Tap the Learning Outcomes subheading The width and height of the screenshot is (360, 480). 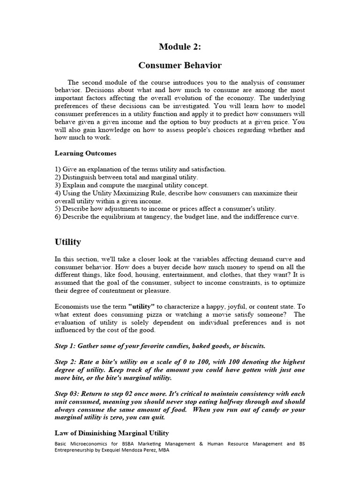(85, 153)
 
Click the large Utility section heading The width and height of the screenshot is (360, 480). (67, 242)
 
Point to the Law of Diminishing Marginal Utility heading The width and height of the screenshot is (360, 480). (112, 433)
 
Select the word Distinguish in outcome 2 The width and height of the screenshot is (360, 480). (79, 177)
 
